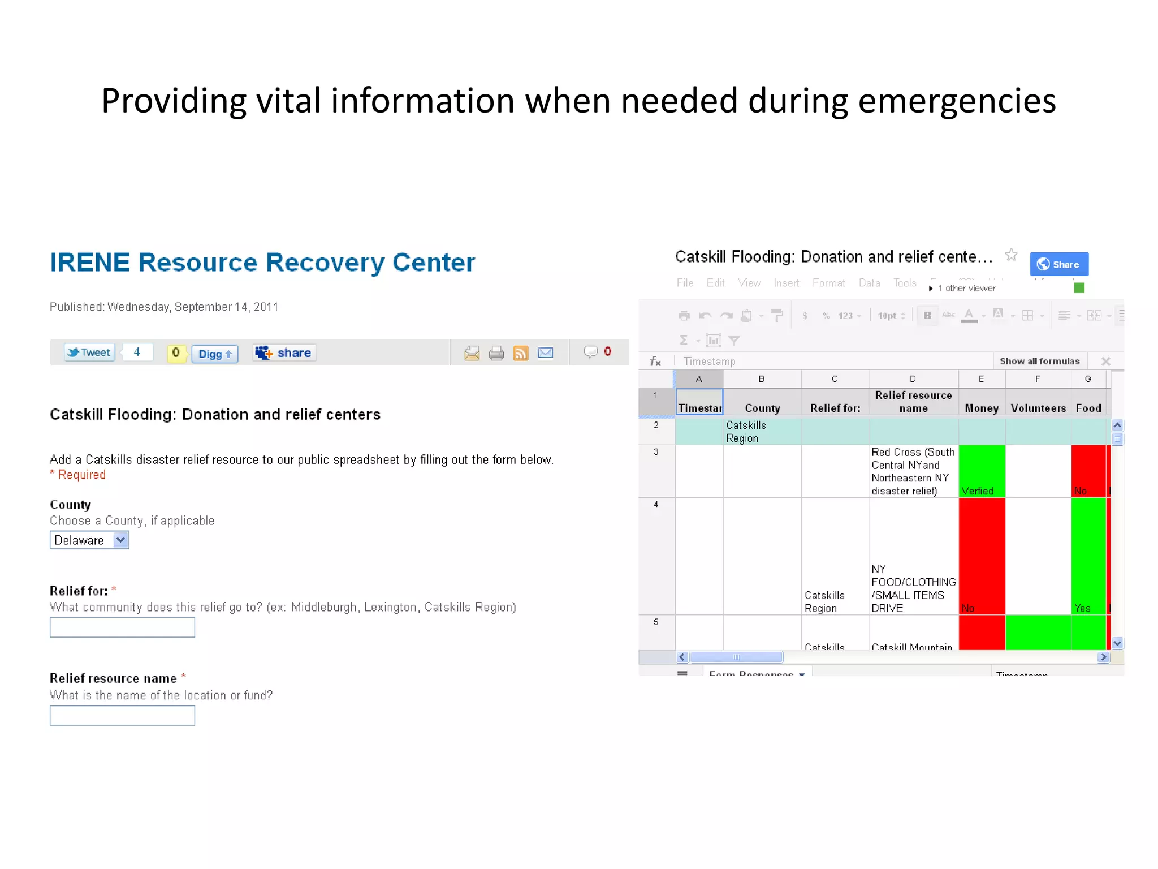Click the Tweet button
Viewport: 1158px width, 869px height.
click(x=89, y=352)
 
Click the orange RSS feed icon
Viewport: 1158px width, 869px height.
click(x=520, y=353)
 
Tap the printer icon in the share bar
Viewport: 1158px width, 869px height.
click(x=496, y=353)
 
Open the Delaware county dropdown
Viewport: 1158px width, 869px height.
click(x=89, y=540)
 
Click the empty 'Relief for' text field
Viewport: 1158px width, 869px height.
click(x=122, y=627)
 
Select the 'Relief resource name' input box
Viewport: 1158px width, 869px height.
click(x=122, y=715)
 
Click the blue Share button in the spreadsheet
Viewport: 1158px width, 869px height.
click(x=1058, y=264)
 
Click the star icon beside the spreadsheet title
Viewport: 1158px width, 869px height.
click(x=1011, y=255)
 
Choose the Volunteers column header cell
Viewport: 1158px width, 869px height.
click(x=1038, y=407)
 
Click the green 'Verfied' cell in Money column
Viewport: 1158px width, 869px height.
click(x=982, y=471)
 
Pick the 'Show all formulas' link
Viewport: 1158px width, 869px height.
click(x=1039, y=361)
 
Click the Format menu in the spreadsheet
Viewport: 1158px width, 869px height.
click(x=828, y=283)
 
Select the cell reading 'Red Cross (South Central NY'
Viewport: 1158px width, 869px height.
click(x=913, y=471)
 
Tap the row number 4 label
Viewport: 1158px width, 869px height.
click(x=656, y=504)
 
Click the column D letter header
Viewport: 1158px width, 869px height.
click(x=913, y=379)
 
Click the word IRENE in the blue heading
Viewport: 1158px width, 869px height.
click(x=90, y=263)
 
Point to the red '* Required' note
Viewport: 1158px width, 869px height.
click(x=78, y=475)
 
